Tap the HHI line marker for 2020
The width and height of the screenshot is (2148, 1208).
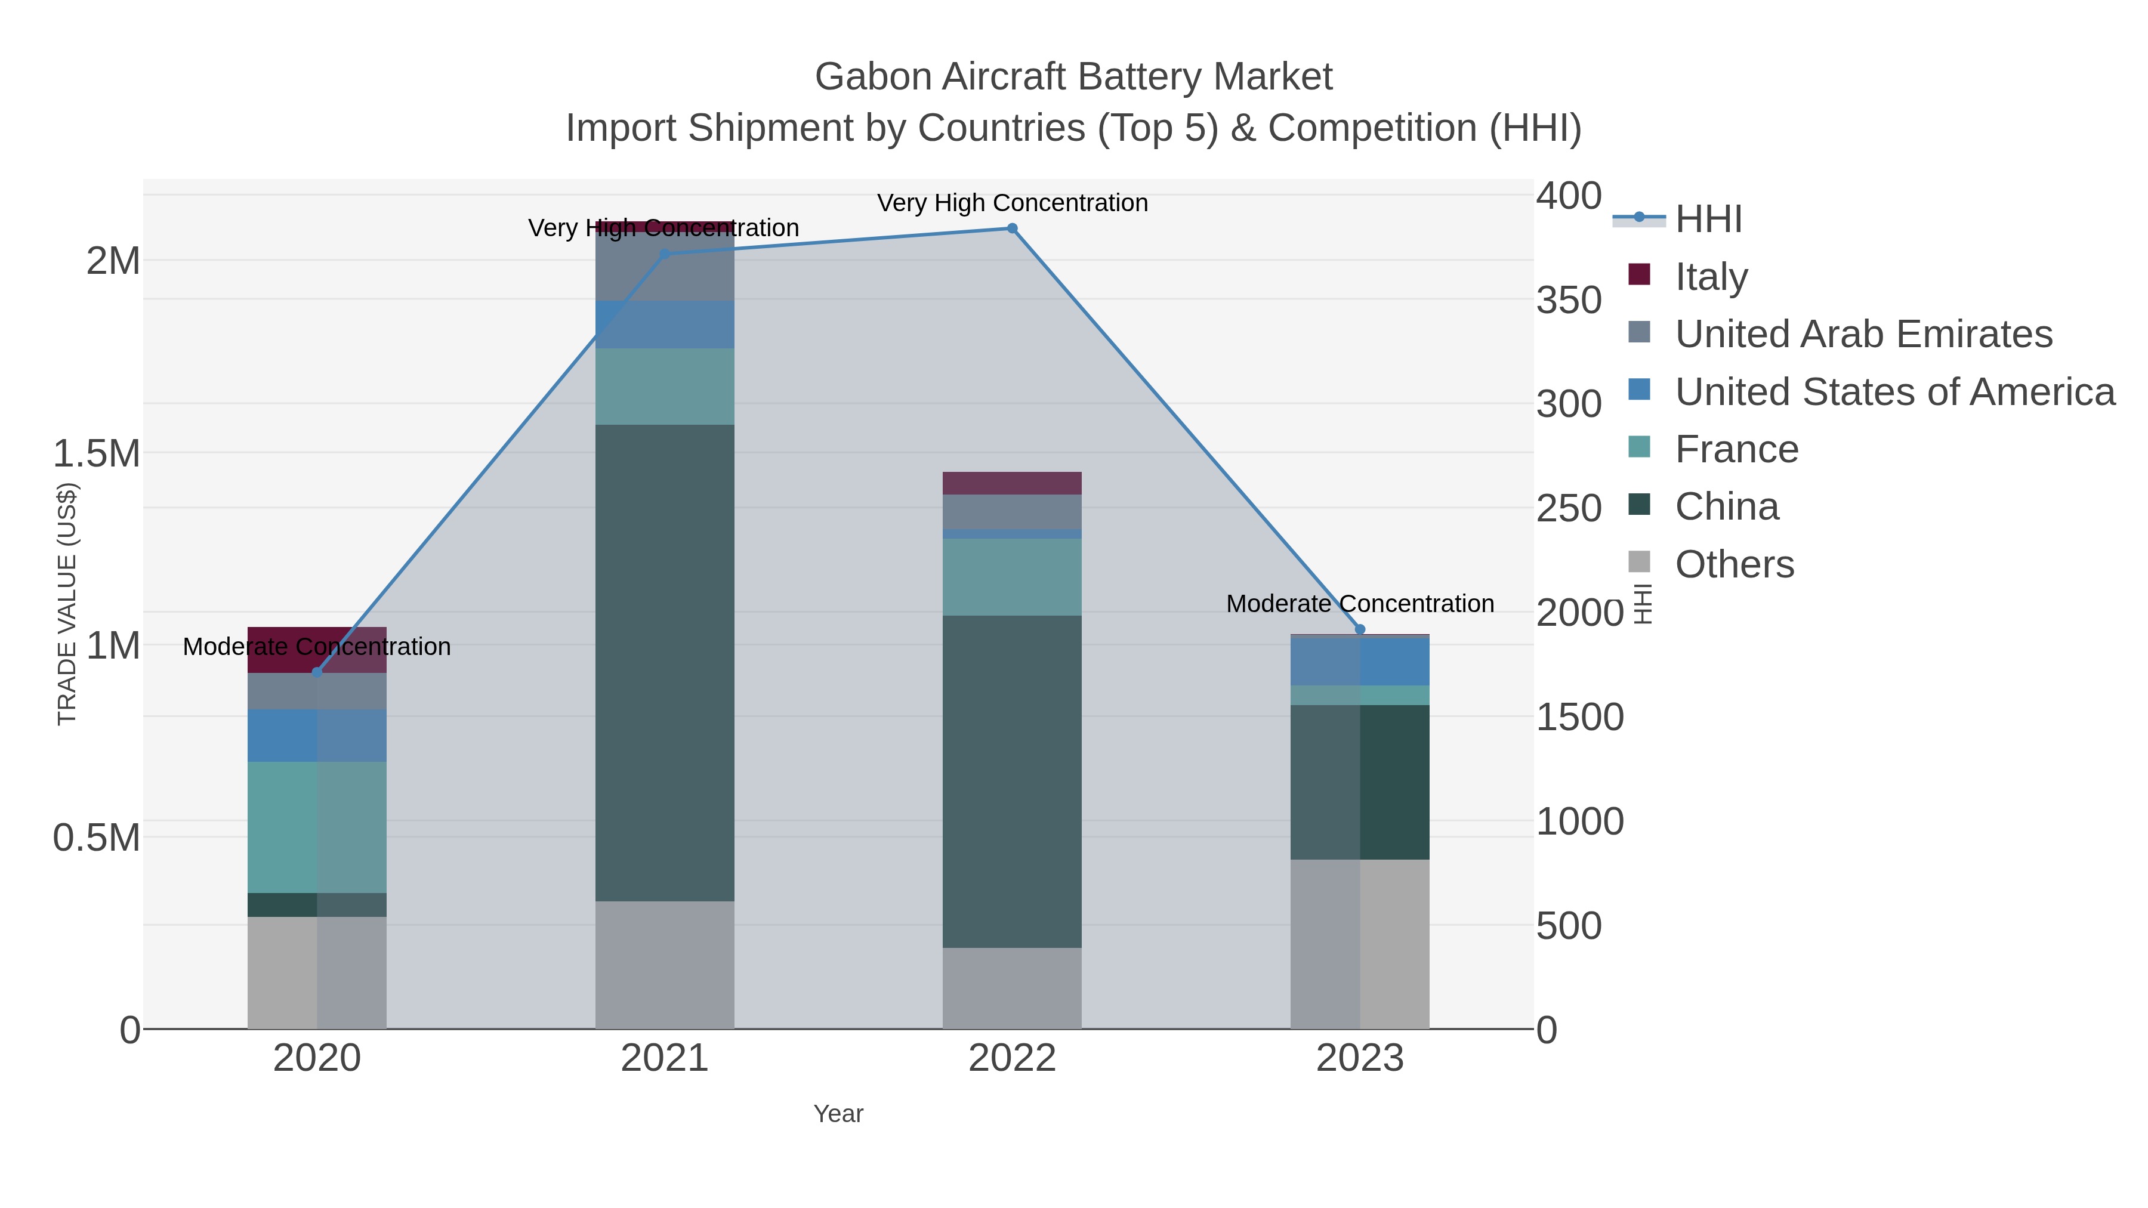pos(317,672)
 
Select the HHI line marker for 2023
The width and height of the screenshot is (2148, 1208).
pos(1360,629)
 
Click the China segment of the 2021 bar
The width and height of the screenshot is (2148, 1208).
pos(665,663)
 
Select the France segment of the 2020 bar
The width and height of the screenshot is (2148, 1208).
pos(317,827)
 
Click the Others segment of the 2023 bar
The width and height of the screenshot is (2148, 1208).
pos(1360,944)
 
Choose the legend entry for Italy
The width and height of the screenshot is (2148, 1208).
pos(1711,277)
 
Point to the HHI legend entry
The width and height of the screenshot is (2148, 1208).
pos(1708,220)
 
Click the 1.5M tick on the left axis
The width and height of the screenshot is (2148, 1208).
pos(96,455)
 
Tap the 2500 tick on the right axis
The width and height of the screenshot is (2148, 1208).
pos(1569,508)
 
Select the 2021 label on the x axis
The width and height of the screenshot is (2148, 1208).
pos(665,1059)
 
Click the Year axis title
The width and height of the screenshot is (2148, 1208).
pos(838,1114)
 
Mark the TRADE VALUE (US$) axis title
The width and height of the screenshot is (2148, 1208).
pos(67,604)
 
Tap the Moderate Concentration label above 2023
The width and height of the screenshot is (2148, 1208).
pos(1360,604)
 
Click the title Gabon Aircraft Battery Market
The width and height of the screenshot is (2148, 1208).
pos(1073,77)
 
